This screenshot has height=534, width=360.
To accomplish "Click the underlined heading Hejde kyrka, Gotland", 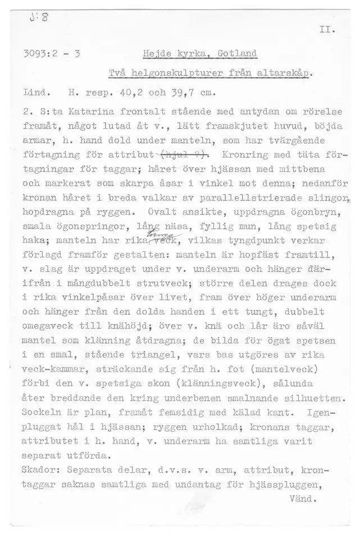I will point(193,55).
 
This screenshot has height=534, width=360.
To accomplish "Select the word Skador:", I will point(41,468).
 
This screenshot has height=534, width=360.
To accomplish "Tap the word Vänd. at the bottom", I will point(302,498).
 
